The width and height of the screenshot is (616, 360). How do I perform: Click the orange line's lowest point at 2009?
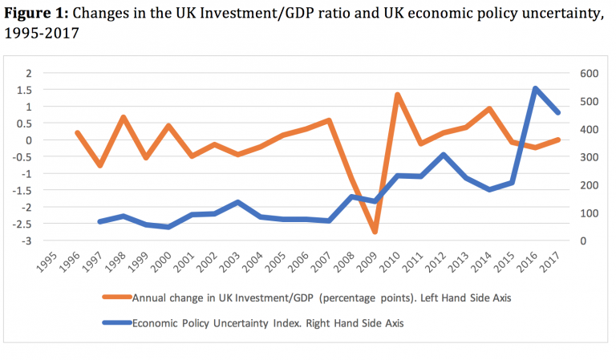click(375, 232)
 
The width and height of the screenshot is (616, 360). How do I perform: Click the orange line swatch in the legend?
click(118, 297)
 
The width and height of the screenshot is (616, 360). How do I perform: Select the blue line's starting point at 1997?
click(99, 222)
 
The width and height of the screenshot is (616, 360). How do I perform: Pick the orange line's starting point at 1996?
click(76, 133)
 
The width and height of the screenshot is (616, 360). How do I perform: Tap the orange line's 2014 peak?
click(489, 109)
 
